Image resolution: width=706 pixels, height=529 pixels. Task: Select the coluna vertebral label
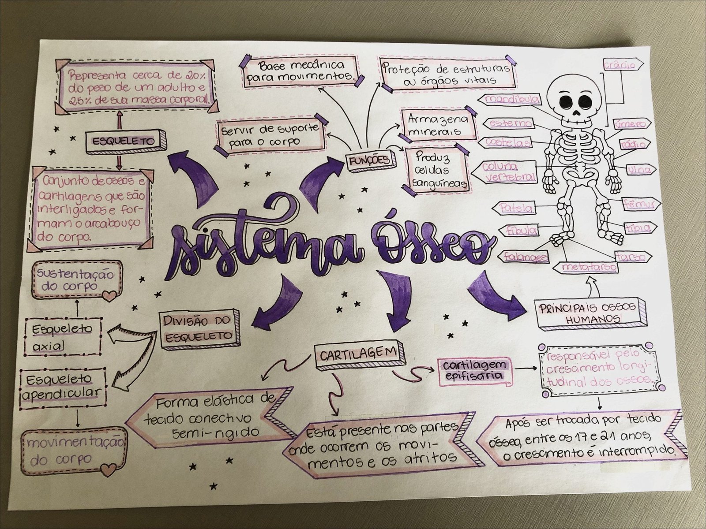[x=509, y=171]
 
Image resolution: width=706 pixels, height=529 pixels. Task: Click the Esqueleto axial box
[x=60, y=337]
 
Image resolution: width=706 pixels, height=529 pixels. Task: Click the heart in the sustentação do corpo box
[x=109, y=294]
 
